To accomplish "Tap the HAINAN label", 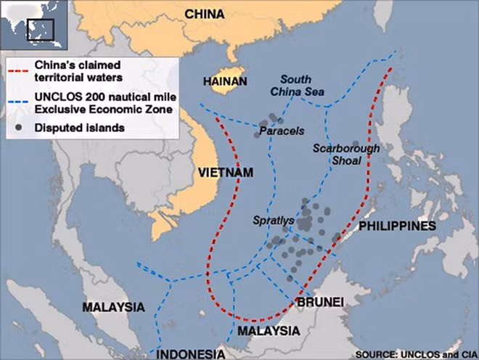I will [x=226, y=82].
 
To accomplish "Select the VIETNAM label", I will [x=225, y=172].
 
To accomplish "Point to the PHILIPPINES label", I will [x=398, y=226].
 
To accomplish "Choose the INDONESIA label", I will [x=191, y=353].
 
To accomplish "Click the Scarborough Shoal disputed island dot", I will [x=356, y=144].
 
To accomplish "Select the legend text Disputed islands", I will [x=83, y=127].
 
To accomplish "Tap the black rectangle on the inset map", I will [x=41, y=30].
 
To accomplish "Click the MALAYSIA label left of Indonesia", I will [x=113, y=307].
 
